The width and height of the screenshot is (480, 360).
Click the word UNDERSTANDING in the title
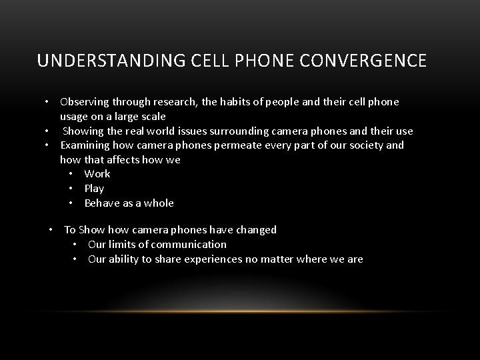(93, 61)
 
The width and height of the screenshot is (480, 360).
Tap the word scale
(151, 117)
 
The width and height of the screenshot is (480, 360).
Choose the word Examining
(85, 145)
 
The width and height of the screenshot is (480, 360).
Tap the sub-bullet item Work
(97, 174)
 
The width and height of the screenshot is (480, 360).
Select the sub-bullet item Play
(94, 189)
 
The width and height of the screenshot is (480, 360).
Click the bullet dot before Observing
(47, 102)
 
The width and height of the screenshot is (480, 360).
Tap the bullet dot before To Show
(51, 230)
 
